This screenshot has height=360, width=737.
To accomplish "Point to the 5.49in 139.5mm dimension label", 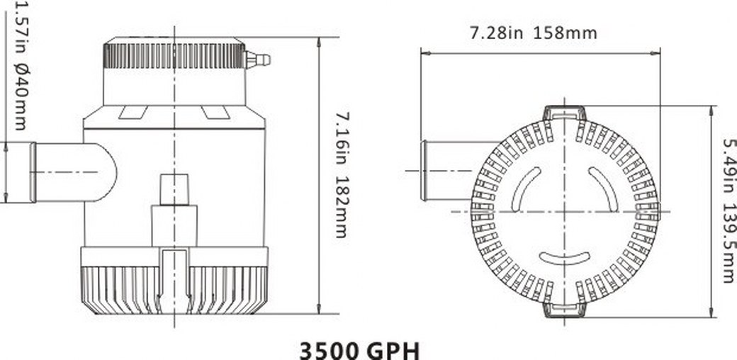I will tap(728, 210).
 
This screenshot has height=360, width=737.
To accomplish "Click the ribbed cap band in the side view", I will tap(174, 55).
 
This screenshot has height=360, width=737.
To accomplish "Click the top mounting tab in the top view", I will tap(565, 113).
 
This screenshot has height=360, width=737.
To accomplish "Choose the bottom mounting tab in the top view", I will tap(565, 309).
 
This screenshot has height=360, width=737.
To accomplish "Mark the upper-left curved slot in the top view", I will tap(525, 188).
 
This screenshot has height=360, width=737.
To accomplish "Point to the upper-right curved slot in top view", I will tap(604, 188).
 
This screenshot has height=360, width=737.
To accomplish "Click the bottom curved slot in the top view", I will tap(565, 257).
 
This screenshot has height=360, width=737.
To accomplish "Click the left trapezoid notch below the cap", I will tap(133, 112).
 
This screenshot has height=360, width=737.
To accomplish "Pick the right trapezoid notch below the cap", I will tap(215, 112).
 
